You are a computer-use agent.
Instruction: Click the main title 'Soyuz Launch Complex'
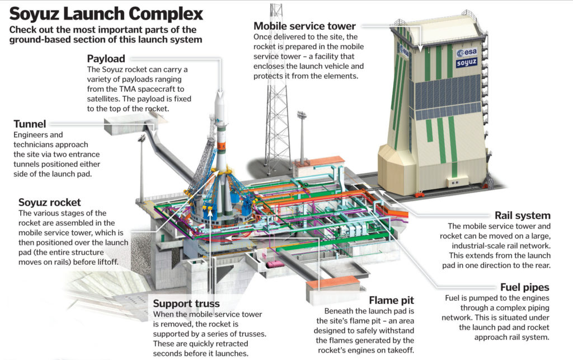tap(106, 13)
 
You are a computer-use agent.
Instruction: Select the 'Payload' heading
tap(106, 58)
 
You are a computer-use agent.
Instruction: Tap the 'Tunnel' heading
tap(30, 123)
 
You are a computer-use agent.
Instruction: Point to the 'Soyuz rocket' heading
tap(49, 202)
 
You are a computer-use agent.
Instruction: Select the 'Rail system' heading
tap(522, 215)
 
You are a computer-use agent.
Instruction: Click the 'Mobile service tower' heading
tap(304, 25)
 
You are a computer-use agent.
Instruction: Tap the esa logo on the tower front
tap(466, 52)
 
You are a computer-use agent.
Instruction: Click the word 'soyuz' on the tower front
tap(466, 63)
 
